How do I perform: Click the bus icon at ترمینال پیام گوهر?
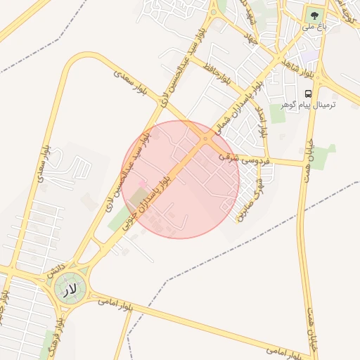309,94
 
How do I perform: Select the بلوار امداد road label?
260,121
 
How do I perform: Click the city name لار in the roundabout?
69,290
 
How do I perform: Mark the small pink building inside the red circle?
143,184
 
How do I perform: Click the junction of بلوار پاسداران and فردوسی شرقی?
205,141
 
